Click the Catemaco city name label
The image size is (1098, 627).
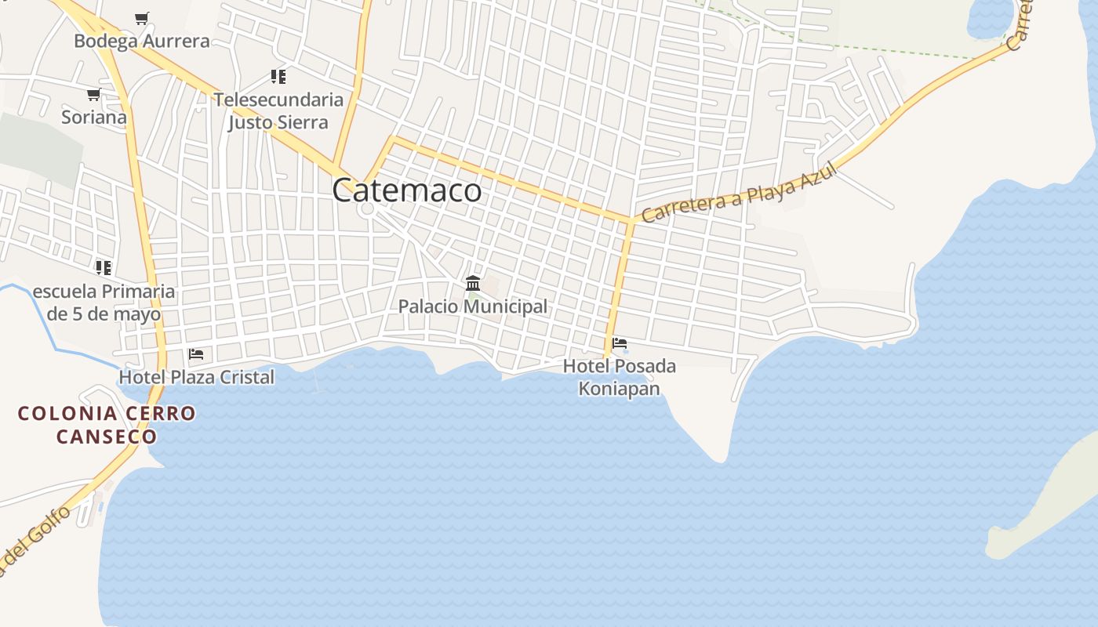[x=406, y=190]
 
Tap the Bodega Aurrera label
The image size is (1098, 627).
[x=142, y=41]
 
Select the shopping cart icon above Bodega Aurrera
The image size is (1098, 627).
[x=141, y=18]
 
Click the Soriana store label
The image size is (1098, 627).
[x=94, y=118]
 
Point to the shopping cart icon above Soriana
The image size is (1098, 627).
[x=93, y=95]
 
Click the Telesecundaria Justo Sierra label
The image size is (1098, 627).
[x=278, y=111]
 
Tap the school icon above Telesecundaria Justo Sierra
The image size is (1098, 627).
[x=278, y=76]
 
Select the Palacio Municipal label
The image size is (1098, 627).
[x=472, y=306]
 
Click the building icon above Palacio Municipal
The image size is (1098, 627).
[x=473, y=283]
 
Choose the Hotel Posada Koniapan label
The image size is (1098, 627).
[x=619, y=377]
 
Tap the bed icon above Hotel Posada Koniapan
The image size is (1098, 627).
[x=620, y=343]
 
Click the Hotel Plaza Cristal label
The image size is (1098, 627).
[x=196, y=377]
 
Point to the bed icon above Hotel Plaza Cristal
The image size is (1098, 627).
[x=196, y=354]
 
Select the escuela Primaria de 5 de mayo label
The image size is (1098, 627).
[x=104, y=303]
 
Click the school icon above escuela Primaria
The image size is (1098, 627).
[x=104, y=268]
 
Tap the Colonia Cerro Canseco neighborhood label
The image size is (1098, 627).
[x=107, y=424]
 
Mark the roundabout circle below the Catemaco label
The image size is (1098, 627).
[x=366, y=208]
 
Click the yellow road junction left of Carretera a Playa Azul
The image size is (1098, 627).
[x=631, y=220]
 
